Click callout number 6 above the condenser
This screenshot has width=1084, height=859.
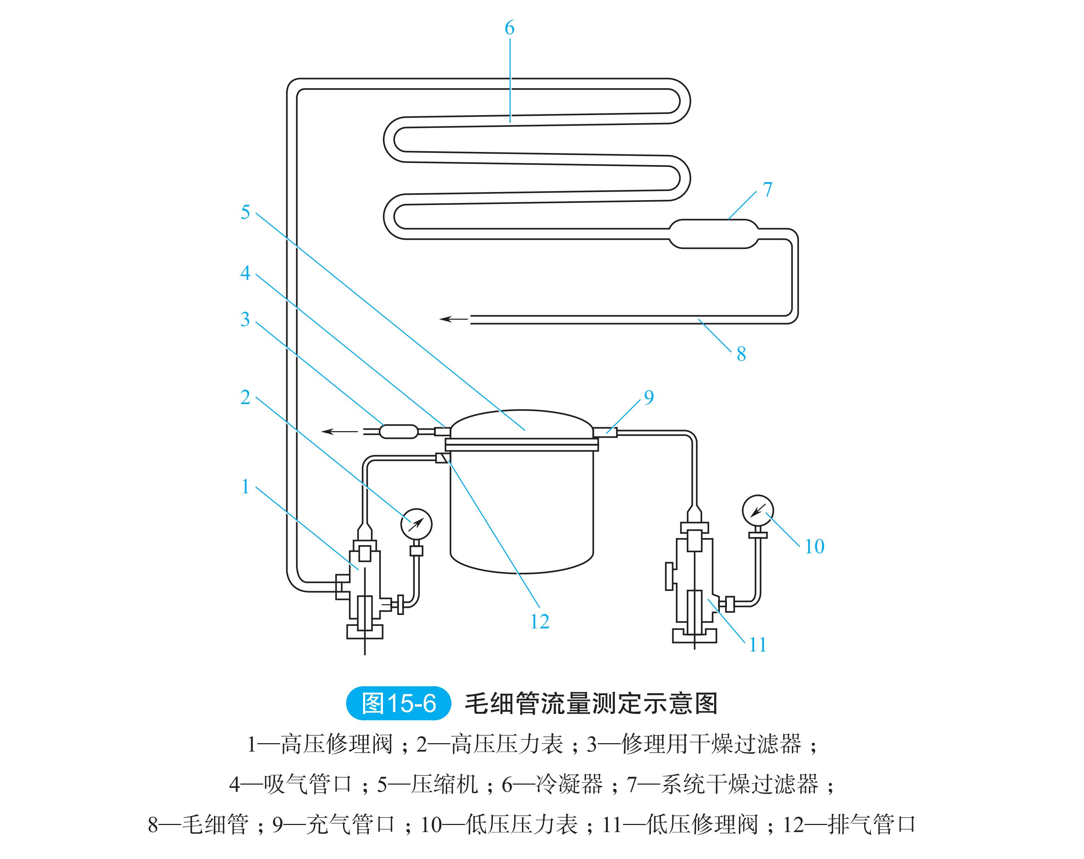point(509,28)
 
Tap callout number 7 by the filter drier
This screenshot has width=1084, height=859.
point(767,190)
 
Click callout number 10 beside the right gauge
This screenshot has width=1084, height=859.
point(814,547)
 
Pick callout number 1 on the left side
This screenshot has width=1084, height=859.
point(245,486)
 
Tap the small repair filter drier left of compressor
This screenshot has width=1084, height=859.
point(398,431)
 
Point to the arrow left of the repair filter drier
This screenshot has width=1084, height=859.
point(339,431)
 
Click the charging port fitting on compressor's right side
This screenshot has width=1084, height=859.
point(605,431)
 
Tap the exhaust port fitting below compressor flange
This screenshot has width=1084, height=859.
point(441,458)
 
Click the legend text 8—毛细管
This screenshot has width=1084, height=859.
point(198,824)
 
